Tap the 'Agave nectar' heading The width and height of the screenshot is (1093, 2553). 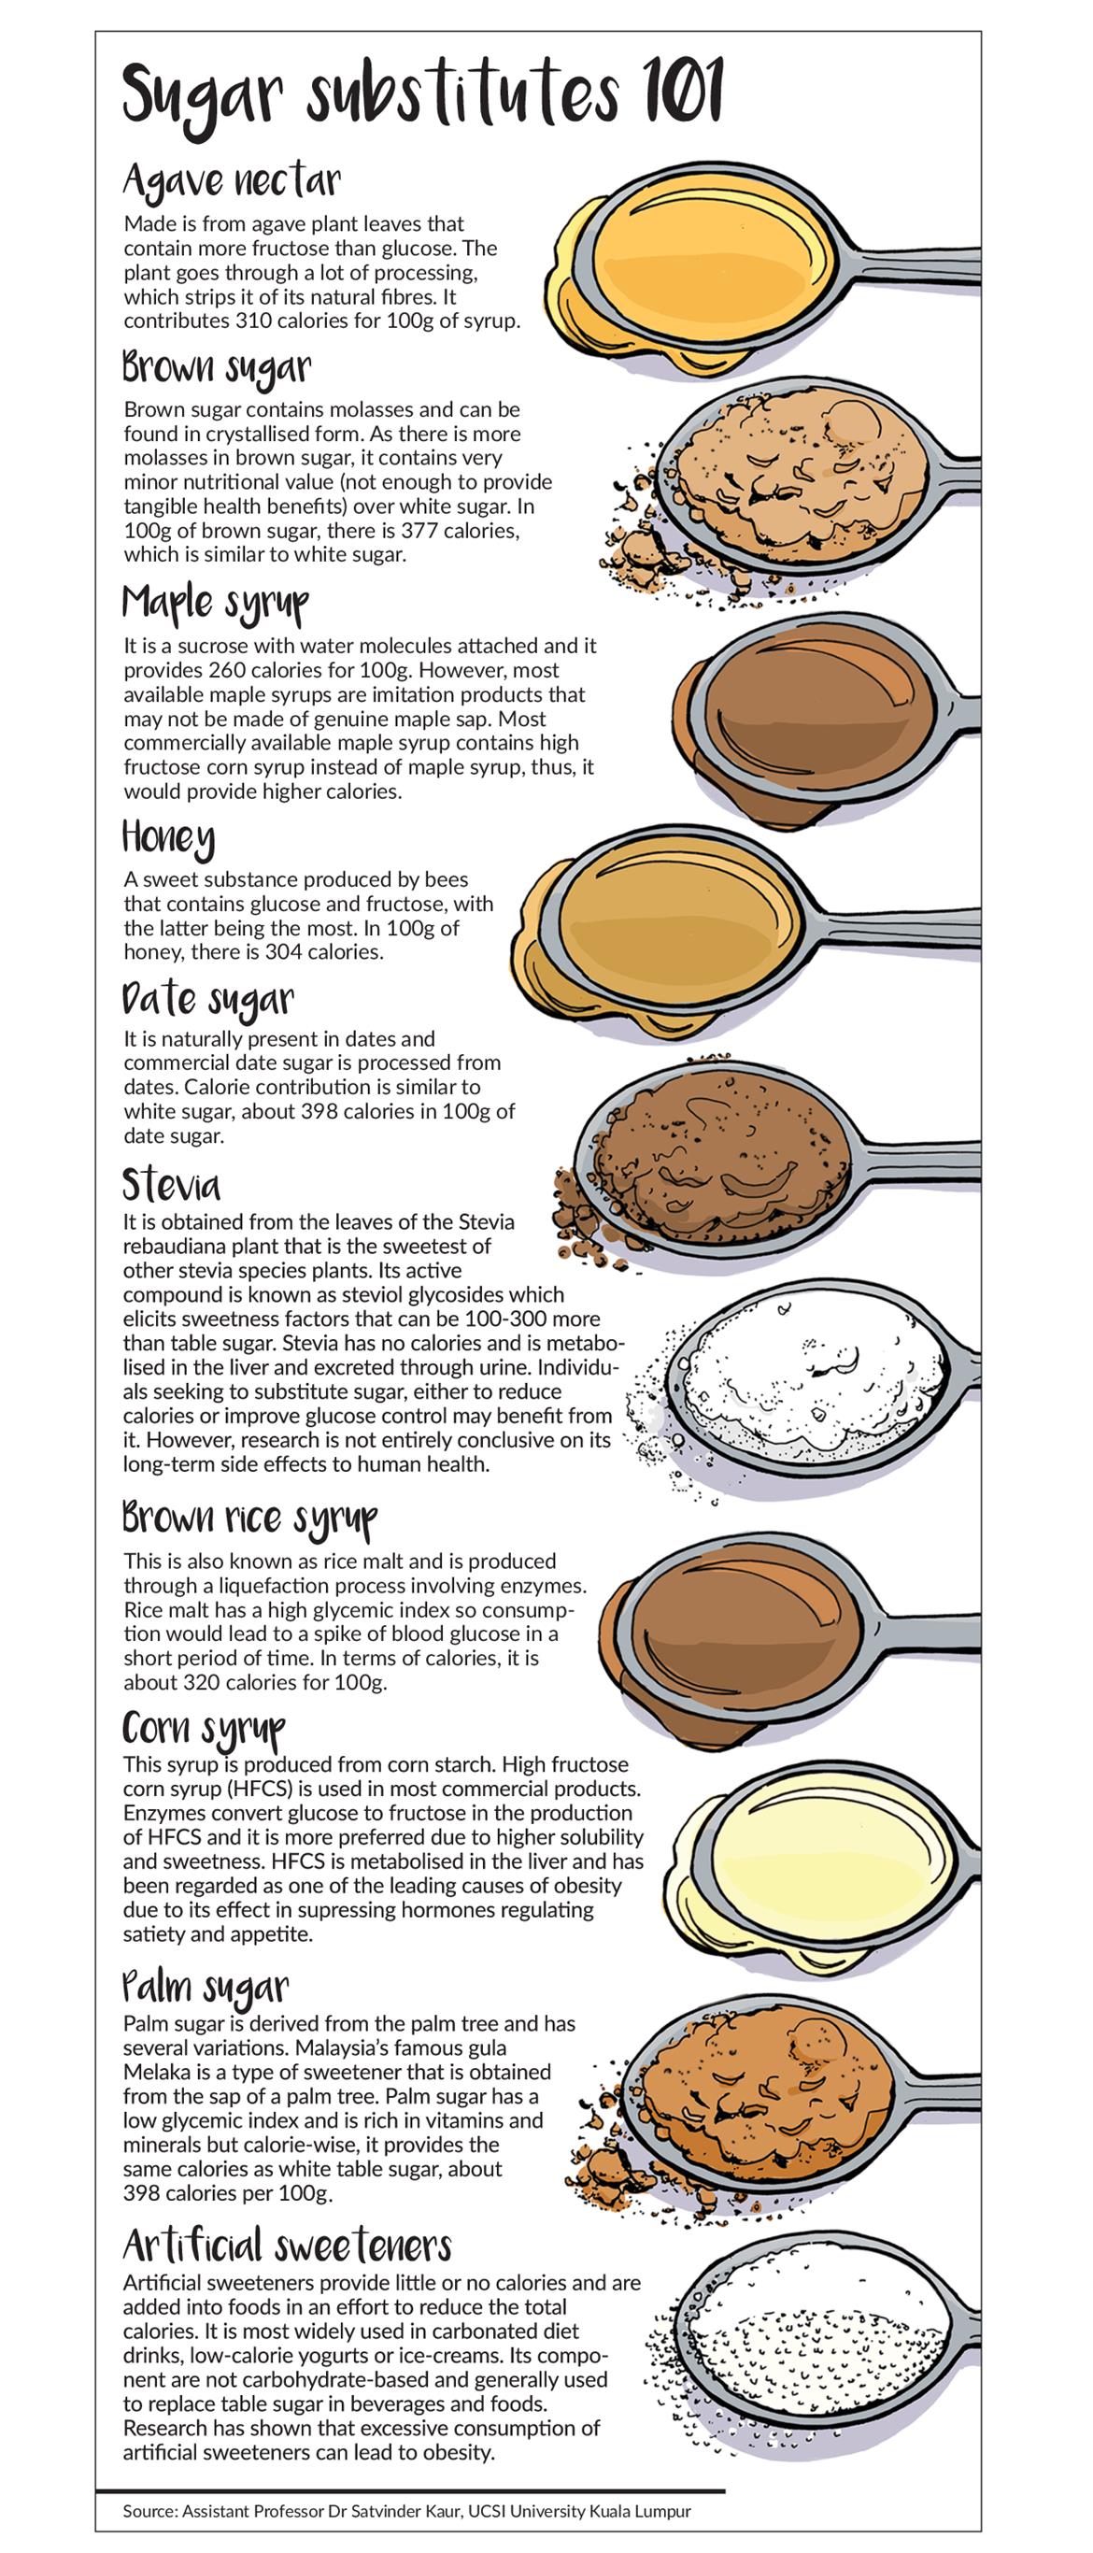tap(231, 182)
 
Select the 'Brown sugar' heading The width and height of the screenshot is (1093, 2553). tap(216, 367)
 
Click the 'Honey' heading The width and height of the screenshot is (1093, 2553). tap(167, 838)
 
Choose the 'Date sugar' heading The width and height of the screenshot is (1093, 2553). tap(208, 999)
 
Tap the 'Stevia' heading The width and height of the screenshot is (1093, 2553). tap(172, 1184)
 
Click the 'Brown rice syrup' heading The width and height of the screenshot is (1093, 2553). tap(249, 1519)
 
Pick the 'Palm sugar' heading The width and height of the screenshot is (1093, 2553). tap(206, 1986)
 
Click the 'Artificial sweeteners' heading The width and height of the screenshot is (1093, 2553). tap(288, 2244)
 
